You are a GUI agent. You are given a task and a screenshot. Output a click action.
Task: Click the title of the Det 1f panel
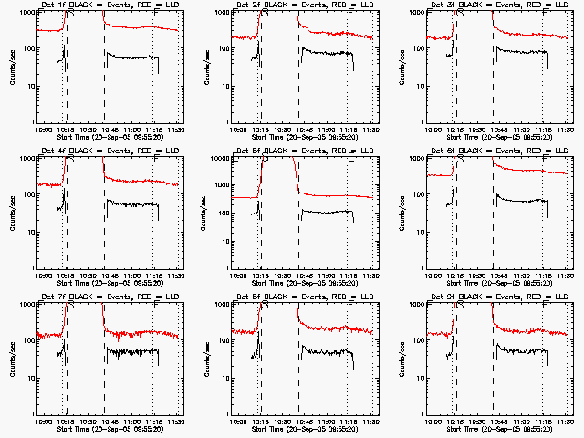tap(108, 5)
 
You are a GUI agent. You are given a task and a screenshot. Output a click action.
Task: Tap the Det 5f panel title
tap(303, 151)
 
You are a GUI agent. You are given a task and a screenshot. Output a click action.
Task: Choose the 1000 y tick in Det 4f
tap(25, 159)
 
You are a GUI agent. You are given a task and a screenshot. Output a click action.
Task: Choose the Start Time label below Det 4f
tap(108, 283)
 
